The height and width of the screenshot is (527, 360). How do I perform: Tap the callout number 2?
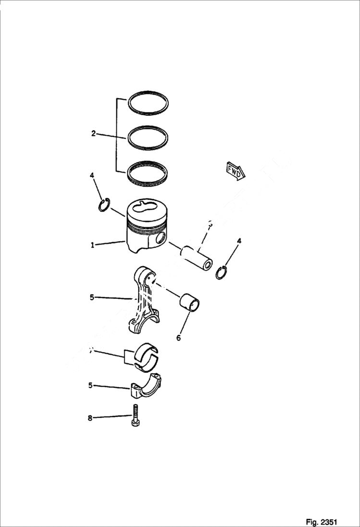pos(94,134)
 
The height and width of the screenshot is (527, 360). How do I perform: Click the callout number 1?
pos(92,245)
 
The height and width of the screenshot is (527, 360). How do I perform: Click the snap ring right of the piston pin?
pos(222,272)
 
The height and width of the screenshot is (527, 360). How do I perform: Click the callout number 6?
pos(178,338)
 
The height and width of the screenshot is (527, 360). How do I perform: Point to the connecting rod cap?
pos(145,386)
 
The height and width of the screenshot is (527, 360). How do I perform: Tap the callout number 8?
pos(90,418)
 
